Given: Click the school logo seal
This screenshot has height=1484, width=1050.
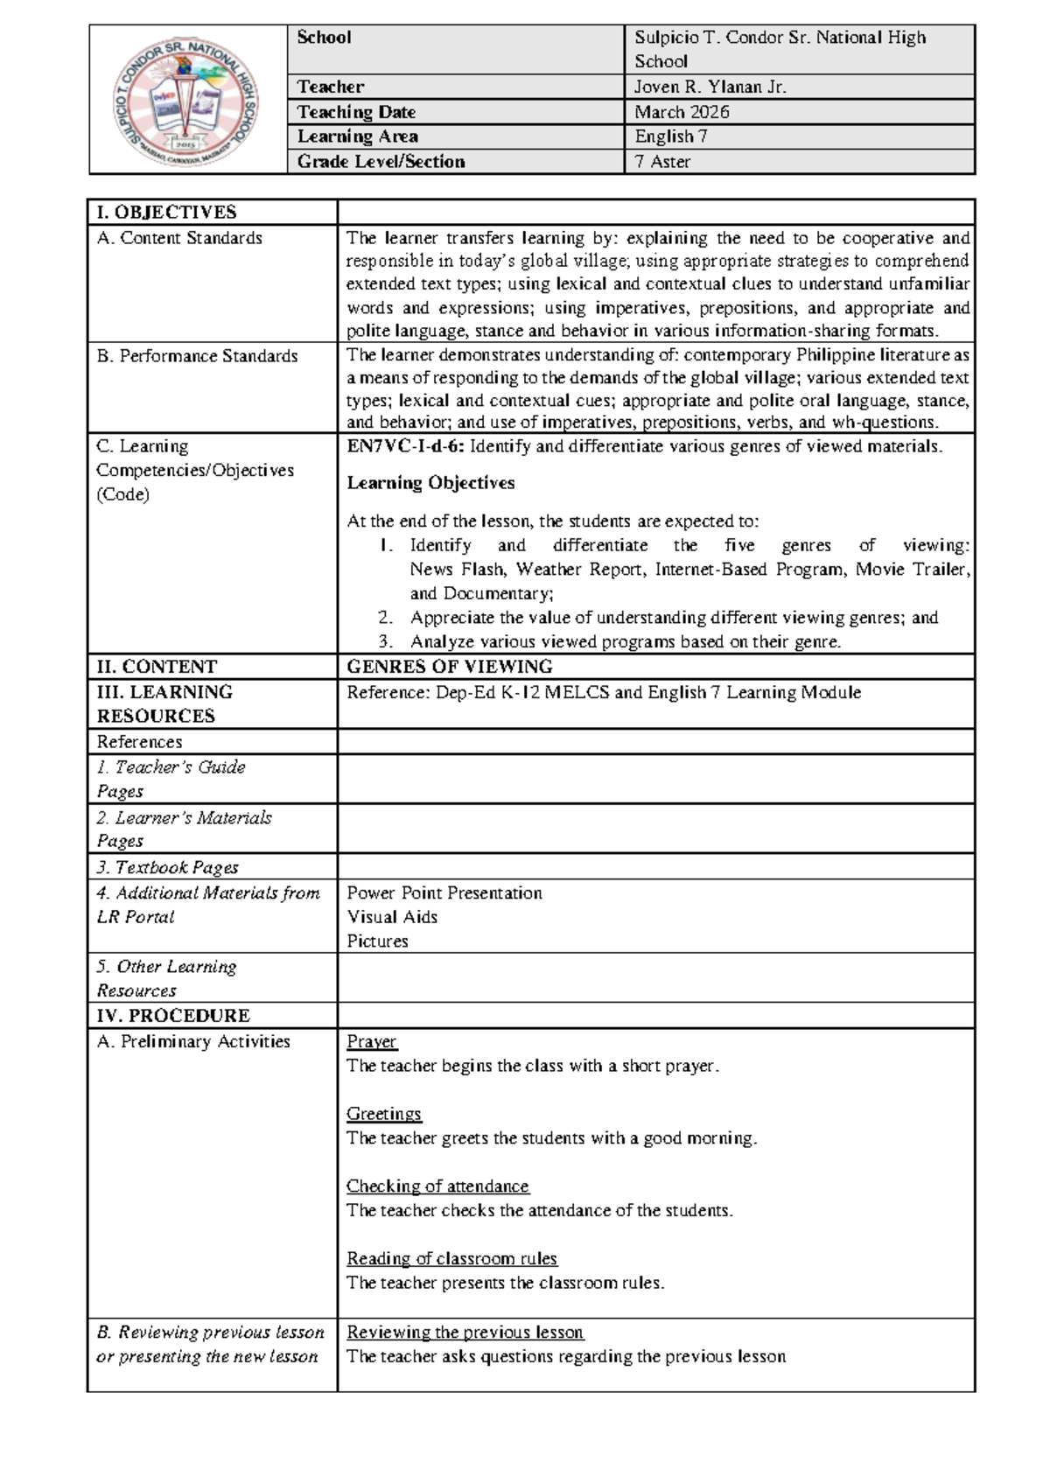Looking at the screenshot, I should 187,100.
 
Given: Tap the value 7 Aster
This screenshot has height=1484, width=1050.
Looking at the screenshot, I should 662,161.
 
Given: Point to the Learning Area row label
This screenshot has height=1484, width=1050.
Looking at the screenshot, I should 357,136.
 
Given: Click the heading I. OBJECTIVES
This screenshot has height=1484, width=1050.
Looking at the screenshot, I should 166,212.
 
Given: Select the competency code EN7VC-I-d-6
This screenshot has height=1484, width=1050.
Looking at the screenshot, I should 406,446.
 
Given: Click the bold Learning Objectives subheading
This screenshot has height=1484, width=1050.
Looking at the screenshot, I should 430,483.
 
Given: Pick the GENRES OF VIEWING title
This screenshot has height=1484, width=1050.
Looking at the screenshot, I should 450,667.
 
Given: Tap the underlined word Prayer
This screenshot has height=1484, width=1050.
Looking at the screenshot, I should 372,1041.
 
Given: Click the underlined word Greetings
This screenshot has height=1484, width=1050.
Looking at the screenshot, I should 384,1114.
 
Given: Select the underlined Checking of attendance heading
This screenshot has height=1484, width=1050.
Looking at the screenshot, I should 437,1186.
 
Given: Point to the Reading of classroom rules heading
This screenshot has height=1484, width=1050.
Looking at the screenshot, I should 451,1258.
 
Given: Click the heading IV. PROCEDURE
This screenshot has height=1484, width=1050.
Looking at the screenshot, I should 173,1015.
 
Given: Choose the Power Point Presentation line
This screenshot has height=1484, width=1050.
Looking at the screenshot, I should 444,892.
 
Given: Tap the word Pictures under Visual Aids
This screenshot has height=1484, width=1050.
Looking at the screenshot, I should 377,941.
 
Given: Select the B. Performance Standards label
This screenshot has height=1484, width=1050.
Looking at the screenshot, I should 197,356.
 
